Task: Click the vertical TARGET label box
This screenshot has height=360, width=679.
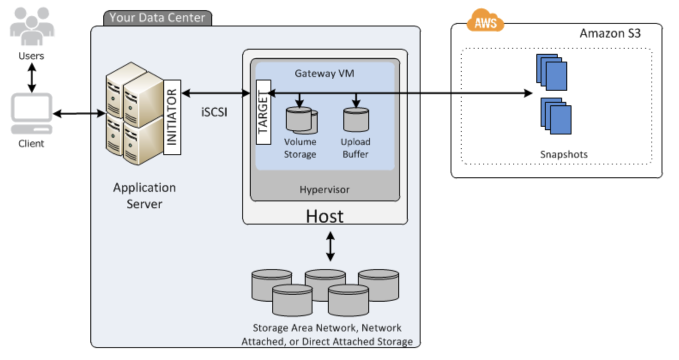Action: coord(263,112)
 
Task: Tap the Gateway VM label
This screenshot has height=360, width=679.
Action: coord(324,73)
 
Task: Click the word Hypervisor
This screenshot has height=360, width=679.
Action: coord(324,190)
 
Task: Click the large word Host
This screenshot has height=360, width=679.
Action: coord(324,216)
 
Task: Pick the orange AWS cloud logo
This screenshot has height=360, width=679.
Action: coord(484,22)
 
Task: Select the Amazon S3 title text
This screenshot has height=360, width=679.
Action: coord(610,33)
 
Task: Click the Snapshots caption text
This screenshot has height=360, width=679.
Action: coord(563,154)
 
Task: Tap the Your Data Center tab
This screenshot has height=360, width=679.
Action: coord(157,18)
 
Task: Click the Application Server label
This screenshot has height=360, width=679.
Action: coord(144,195)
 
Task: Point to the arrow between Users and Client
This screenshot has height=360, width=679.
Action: coord(31,78)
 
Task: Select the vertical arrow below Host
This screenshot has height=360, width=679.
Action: coord(329,246)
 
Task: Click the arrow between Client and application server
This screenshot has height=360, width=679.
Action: coord(79,114)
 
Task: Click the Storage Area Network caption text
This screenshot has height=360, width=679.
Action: coord(327,335)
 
